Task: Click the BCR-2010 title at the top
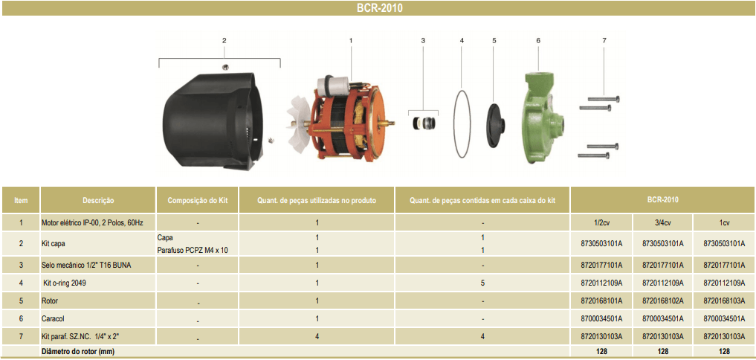(x=378, y=9)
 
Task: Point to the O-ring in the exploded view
(x=462, y=123)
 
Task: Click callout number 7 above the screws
(x=604, y=39)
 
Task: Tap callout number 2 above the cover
(x=224, y=40)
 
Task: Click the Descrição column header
(x=98, y=200)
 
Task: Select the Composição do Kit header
(x=197, y=200)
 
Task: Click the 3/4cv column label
(x=662, y=222)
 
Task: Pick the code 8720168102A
(x=662, y=300)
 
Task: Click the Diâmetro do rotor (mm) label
(x=78, y=350)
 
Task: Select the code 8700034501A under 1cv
(x=723, y=318)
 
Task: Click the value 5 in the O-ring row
(x=482, y=283)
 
